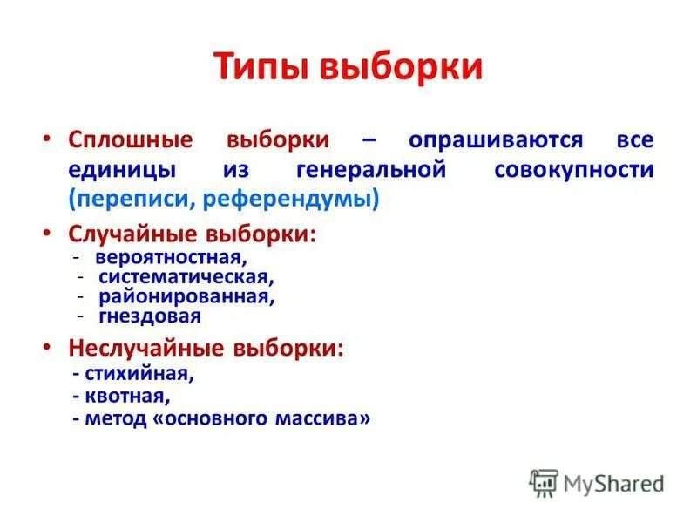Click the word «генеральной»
[x=371, y=169]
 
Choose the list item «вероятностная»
[x=172, y=258]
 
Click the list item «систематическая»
[x=186, y=277]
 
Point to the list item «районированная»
[x=186, y=296]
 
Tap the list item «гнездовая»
[x=149, y=316]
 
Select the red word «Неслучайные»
[x=147, y=348]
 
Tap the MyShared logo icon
[x=543, y=483]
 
